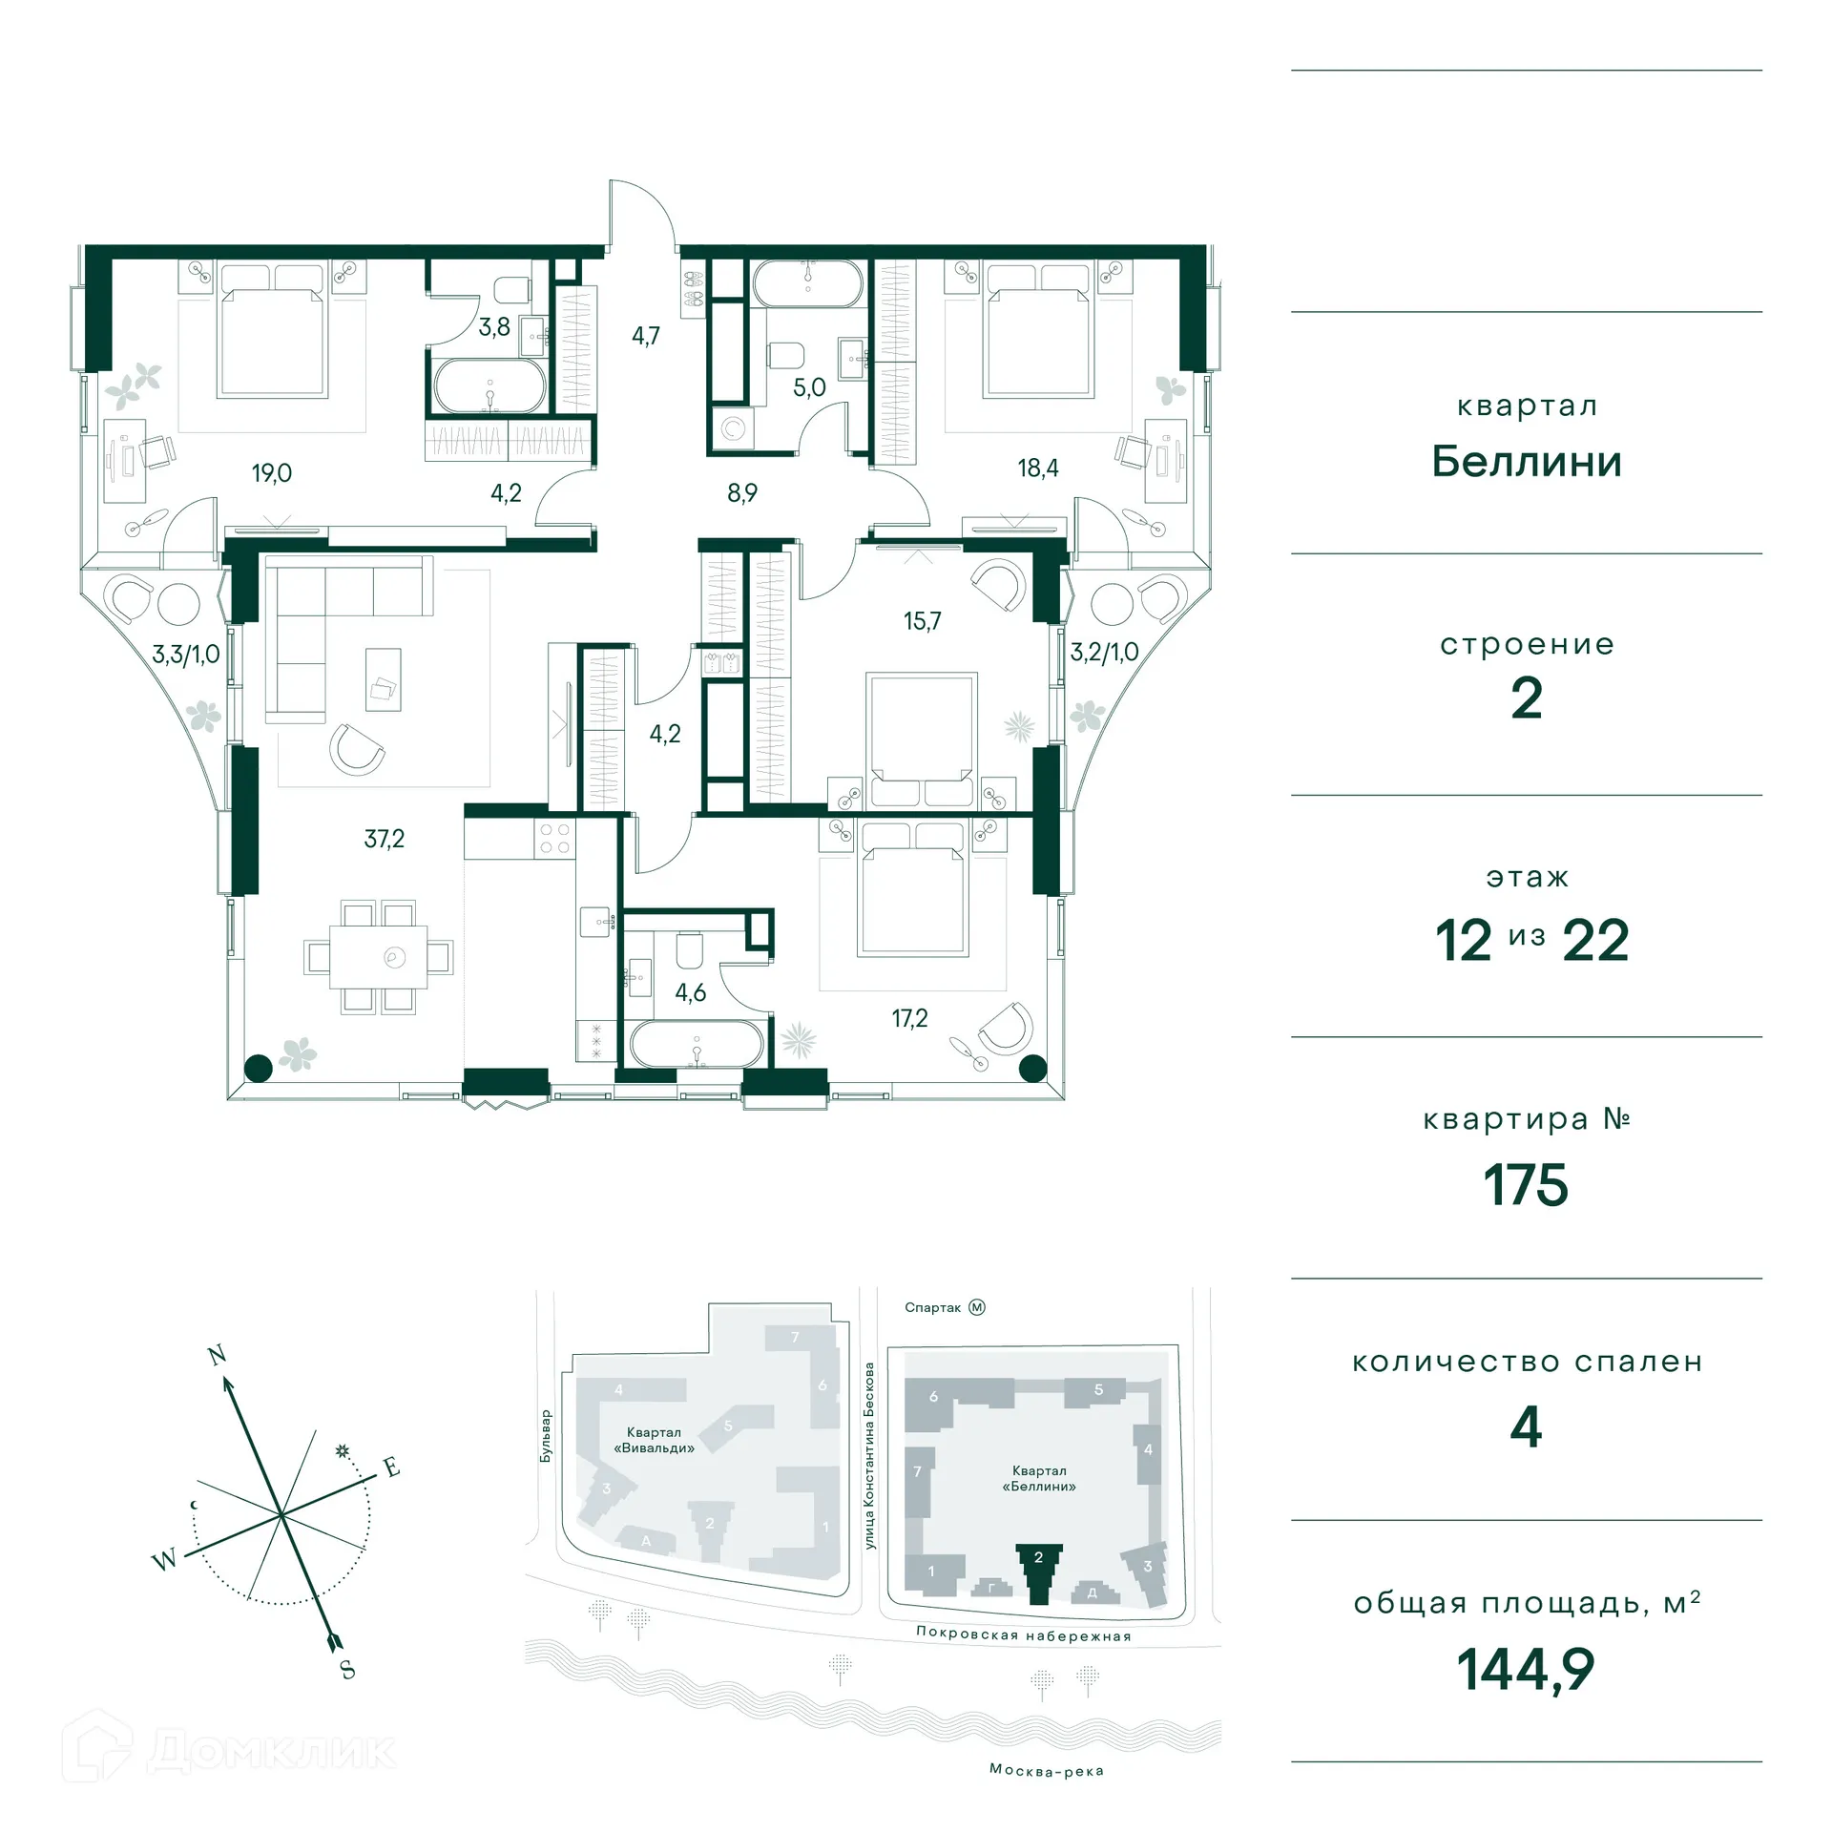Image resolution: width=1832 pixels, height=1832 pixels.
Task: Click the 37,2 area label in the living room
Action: click(x=385, y=839)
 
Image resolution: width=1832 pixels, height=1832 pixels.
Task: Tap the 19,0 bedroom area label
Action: click(x=272, y=473)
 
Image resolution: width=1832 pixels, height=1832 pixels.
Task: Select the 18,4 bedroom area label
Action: click(x=1038, y=468)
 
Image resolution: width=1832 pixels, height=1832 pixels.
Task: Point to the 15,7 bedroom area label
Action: click(x=922, y=621)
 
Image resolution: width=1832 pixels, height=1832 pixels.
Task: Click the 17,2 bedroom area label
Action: click(x=909, y=1018)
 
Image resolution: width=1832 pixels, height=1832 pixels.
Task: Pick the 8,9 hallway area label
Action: click(x=742, y=493)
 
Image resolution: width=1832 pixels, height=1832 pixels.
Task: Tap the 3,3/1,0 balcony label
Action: click(x=186, y=655)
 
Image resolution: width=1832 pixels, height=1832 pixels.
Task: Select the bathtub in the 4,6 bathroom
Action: click(x=697, y=1044)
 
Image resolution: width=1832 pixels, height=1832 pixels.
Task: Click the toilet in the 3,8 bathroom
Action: click(x=512, y=289)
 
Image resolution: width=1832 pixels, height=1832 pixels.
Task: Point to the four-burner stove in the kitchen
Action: click(x=555, y=839)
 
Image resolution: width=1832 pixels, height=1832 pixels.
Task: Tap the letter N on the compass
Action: click(x=218, y=1355)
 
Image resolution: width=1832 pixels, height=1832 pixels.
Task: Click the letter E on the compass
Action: click(x=391, y=1468)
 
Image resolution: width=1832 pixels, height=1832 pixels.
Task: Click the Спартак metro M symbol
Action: click(x=977, y=1307)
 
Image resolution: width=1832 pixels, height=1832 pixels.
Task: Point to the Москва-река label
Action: click(x=1046, y=1771)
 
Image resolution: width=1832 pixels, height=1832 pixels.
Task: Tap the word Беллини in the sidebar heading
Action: click(x=1526, y=463)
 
